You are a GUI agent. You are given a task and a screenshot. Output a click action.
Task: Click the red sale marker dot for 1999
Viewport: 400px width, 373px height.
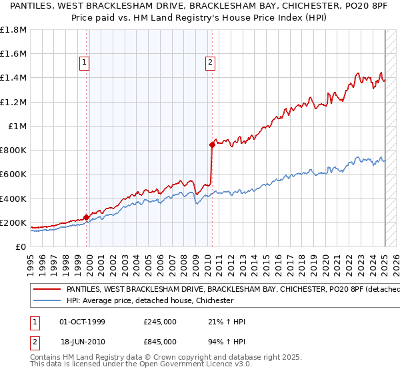(87, 217)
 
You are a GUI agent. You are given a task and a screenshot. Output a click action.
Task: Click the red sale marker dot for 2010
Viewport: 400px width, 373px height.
(212, 144)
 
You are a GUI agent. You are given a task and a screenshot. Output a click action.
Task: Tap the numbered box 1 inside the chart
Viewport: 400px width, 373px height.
(85, 63)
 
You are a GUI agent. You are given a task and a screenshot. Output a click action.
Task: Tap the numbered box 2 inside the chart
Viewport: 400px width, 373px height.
(210, 63)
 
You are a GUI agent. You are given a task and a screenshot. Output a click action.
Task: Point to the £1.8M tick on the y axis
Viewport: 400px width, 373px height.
(13, 30)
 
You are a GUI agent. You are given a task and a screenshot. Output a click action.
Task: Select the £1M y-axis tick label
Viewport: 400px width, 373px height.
(17, 126)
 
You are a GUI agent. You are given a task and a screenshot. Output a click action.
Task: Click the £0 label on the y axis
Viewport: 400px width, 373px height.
(21, 246)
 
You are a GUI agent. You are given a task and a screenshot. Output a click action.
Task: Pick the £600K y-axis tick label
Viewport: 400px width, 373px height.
(13, 175)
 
